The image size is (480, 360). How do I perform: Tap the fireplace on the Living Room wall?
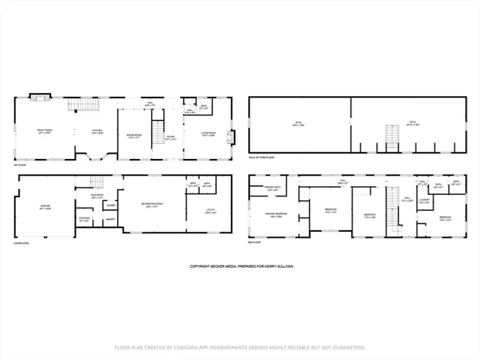[231, 138]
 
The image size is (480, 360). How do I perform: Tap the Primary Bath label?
[274, 187]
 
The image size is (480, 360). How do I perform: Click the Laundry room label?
[424, 199]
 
